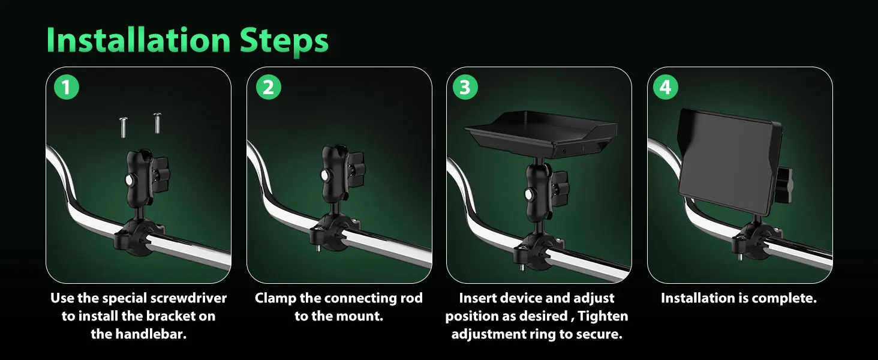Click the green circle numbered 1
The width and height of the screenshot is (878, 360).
click(66, 86)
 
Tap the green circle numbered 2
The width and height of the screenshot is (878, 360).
click(269, 86)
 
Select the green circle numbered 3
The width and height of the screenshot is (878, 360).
click(465, 86)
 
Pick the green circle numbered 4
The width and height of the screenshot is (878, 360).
click(666, 86)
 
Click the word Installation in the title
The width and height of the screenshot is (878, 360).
click(139, 40)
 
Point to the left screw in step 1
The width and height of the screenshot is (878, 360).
click(123, 127)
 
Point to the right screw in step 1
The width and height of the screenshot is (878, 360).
click(157, 123)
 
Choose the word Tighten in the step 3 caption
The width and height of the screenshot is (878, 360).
click(603, 316)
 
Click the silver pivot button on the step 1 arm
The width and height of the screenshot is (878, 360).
click(130, 180)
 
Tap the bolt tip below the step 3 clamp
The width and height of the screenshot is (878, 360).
click(522, 268)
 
